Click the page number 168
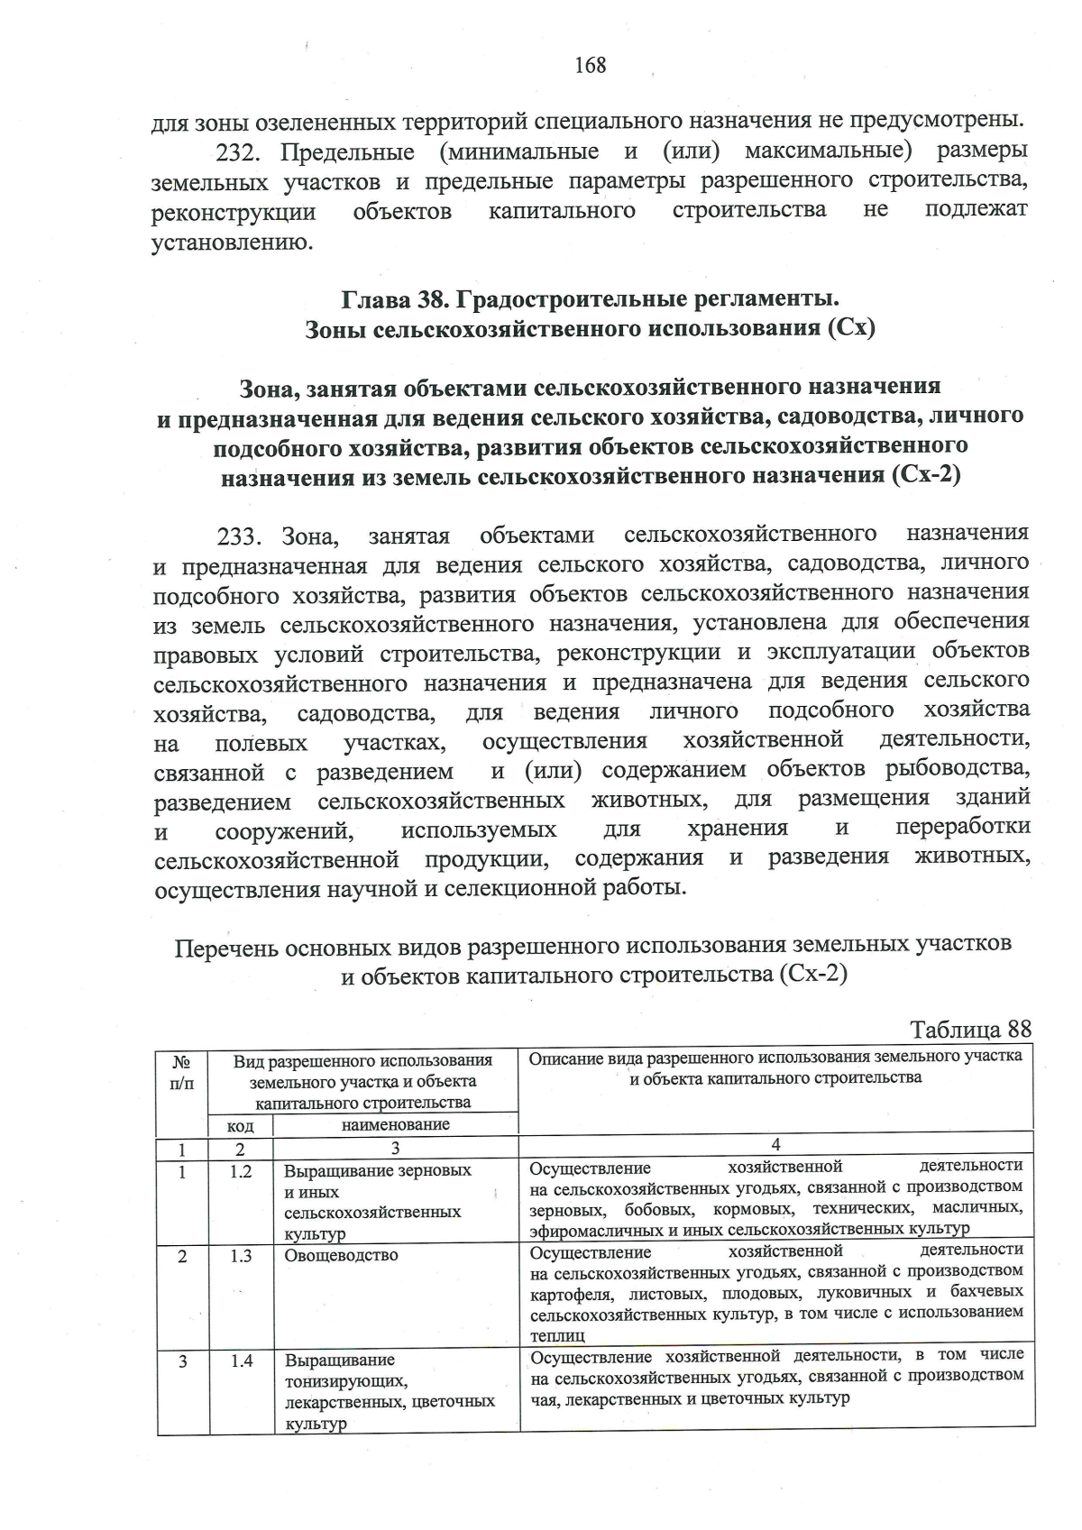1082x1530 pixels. click(591, 65)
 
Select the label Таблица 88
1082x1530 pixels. click(970, 1029)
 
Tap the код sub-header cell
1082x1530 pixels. click(240, 1125)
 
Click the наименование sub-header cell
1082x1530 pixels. click(395, 1124)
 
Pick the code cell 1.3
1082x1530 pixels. click(240, 1254)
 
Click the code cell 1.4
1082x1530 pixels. click(240, 1361)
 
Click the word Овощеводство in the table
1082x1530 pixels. click(341, 1254)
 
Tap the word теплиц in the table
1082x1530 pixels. click(557, 1334)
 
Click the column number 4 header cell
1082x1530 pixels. click(775, 1144)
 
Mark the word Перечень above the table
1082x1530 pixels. click(225, 948)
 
